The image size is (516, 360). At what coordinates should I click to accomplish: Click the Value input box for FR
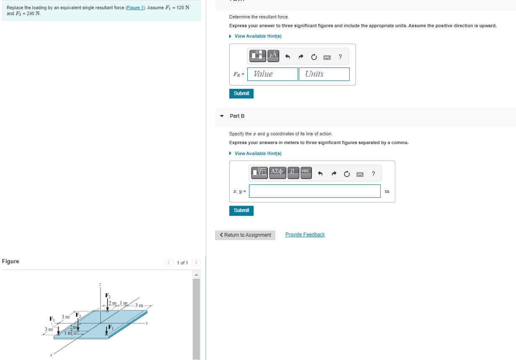pos(272,74)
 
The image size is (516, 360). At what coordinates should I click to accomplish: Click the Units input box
pos(324,74)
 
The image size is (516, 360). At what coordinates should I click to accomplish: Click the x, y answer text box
pos(315,191)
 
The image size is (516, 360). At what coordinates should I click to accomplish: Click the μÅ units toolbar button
pos(273,55)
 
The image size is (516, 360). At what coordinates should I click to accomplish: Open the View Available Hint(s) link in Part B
pos(258,153)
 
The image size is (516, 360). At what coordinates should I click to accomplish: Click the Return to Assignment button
pos(245,235)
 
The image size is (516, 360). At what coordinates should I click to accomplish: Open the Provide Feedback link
pos(305,235)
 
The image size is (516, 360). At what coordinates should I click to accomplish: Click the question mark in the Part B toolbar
pos(373,174)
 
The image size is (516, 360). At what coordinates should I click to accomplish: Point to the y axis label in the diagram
pos(146,323)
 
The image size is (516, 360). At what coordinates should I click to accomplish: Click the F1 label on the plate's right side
pos(111,327)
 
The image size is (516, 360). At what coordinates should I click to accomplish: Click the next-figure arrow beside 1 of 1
pos(196,263)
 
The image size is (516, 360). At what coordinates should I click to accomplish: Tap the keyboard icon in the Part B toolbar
pos(359,174)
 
